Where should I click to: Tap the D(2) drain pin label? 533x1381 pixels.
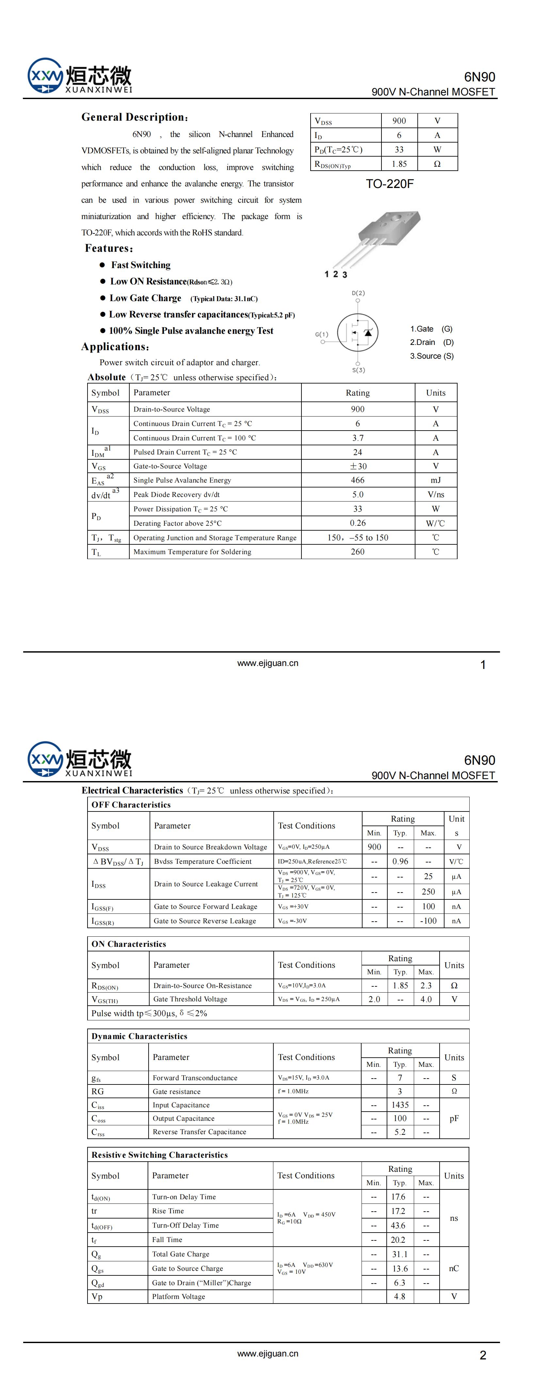coord(358,293)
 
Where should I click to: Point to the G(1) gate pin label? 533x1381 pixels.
coord(321,334)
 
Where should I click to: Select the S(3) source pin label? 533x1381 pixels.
coord(358,370)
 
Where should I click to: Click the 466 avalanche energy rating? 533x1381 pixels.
coord(357,480)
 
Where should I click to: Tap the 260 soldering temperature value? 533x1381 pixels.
coord(357,552)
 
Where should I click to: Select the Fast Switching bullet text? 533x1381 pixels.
coord(141,265)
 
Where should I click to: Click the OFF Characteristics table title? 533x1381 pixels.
coord(131,805)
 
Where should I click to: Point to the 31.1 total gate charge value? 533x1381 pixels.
coord(400,1254)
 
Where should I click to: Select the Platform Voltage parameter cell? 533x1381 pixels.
coord(178,1296)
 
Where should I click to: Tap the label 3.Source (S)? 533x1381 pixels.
coord(432,356)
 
